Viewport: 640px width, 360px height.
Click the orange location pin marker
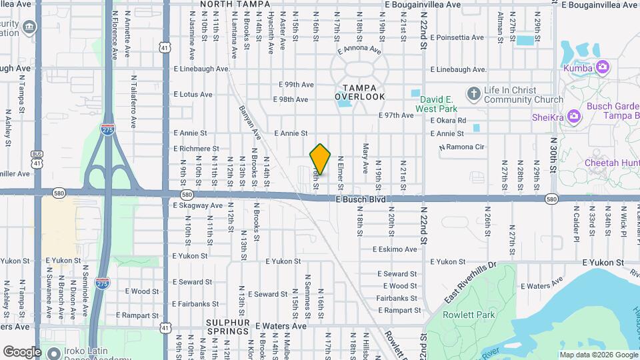point(321,159)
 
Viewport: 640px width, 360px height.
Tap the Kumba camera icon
point(603,66)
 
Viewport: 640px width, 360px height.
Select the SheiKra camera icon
point(573,117)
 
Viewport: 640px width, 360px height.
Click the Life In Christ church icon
point(473,93)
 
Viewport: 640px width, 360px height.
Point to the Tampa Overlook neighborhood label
point(360,92)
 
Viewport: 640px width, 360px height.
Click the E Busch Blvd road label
point(361,199)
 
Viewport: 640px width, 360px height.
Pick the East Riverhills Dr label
point(471,281)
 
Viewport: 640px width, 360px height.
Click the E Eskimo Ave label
point(397,249)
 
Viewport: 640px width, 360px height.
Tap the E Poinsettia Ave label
point(455,38)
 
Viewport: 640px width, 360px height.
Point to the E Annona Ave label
point(359,49)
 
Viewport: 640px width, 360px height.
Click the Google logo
point(22,351)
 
